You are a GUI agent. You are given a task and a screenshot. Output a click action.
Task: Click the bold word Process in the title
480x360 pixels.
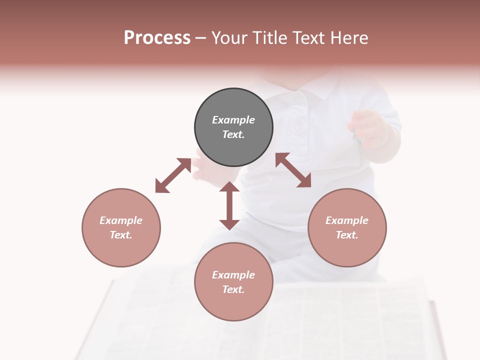click(157, 38)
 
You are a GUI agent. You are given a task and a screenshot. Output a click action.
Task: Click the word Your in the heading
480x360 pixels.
click(229, 38)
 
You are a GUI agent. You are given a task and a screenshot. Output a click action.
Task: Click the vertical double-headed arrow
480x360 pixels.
click(229, 205)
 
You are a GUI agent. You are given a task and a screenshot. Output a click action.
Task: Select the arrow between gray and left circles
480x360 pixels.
click(173, 175)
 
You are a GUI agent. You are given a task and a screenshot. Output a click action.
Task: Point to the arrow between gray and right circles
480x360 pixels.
click(293, 170)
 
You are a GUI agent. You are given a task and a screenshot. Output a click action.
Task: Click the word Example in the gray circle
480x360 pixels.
click(233, 120)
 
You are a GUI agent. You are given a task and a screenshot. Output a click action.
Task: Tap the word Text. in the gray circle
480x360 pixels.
click(233, 134)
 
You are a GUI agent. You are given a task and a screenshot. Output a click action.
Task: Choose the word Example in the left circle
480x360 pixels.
click(121, 220)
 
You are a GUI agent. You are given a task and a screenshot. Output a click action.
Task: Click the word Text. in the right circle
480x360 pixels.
click(347, 235)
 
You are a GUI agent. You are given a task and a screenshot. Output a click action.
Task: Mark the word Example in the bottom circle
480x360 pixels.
click(233, 275)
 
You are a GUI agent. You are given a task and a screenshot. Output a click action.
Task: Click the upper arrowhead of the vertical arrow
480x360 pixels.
click(229, 187)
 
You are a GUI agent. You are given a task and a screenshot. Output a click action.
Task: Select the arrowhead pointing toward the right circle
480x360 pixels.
click(304, 181)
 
